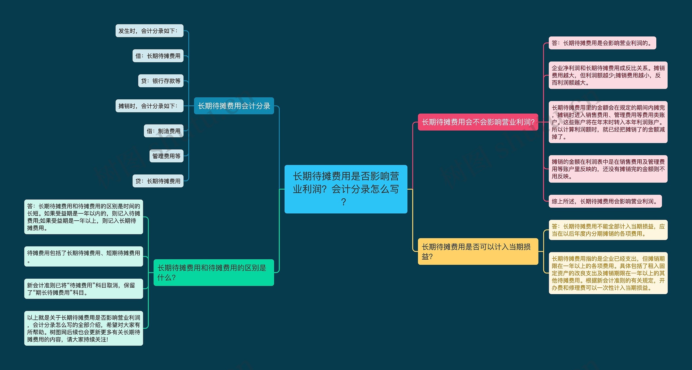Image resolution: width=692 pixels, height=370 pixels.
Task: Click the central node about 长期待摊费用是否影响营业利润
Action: pyautogui.click(x=346, y=189)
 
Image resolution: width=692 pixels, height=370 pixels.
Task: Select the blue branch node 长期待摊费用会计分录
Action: pyautogui.click(x=234, y=106)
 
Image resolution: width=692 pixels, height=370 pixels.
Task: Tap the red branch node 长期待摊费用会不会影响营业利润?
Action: pyautogui.click(x=478, y=122)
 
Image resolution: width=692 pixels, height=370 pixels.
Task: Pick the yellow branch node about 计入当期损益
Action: pyautogui.click(x=478, y=251)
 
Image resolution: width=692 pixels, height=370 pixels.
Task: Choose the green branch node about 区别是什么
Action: pyautogui.click(x=214, y=273)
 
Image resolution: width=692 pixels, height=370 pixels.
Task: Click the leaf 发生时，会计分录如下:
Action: pyautogui.click(x=149, y=31)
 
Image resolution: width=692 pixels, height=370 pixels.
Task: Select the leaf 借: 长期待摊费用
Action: pyautogui.click(x=158, y=56)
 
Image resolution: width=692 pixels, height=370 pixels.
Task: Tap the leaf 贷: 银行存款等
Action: pyautogui.click(x=161, y=81)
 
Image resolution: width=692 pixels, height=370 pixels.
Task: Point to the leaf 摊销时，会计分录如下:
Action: pyautogui.click(x=149, y=106)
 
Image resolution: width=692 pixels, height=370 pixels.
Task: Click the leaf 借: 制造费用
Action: pyautogui.click(x=164, y=131)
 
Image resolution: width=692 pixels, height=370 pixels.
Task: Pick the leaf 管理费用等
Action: pyautogui.click(x=167, y=156)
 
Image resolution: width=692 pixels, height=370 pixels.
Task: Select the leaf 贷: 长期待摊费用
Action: pyautogui.click(x=158, y=181)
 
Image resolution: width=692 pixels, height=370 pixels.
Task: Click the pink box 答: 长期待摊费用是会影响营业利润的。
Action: pyautogui.click(x=602, y=43)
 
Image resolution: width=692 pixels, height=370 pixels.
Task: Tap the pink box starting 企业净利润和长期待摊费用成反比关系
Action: pyautogui.click(x=608, y=75)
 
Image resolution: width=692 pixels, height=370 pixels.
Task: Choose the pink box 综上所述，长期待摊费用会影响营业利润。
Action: pyautogui.click(x=605, y=201)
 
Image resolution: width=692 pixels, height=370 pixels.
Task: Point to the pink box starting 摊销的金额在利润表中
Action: pyautogui.click(x=608, y=169)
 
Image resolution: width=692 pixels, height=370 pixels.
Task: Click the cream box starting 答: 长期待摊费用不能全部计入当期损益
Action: pyautogui.click(x=608, y=230)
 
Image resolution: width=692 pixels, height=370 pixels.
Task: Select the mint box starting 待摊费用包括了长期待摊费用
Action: pyautogui.click(x=84, y=256)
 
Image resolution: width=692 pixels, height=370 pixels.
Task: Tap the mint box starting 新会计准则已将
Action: pyautogui.click(x=84, y=289)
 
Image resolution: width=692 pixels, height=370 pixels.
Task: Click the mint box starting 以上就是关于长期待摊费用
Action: pyautogui.click(x=84, y=328)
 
